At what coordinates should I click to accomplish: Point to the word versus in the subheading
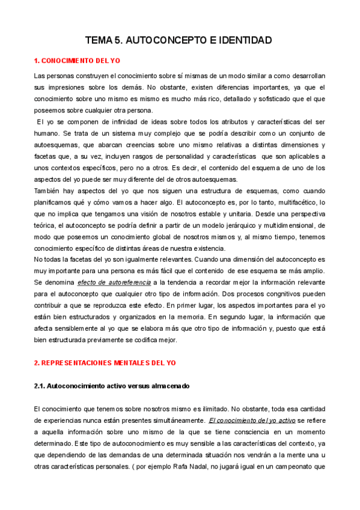[x=136, y=385]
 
